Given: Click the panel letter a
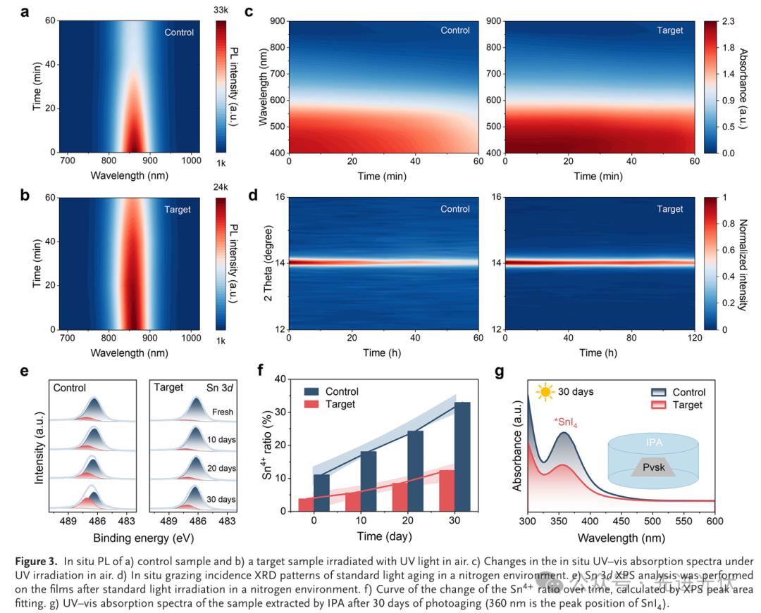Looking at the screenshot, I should tap(25, 13).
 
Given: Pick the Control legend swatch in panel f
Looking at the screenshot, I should tap(314, 391).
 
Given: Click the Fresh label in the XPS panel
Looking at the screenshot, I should tap(223, 412).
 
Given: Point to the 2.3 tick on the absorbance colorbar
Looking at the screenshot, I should tap(726, 22).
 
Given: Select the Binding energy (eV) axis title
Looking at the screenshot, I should tap(138, 538).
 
